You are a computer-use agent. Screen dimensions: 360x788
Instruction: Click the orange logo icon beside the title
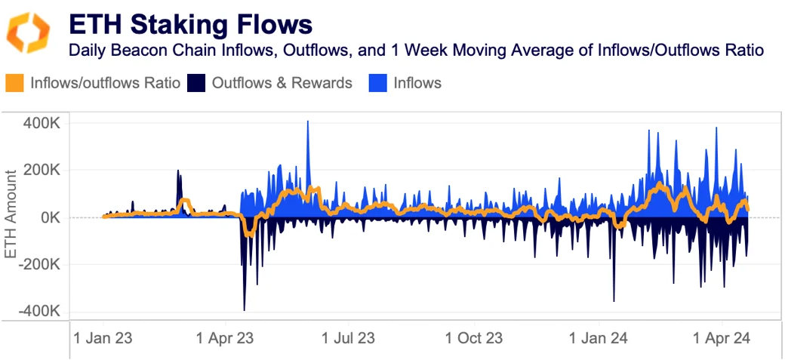click(28, 32)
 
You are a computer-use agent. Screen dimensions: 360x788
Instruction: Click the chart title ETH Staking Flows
click(189, 24)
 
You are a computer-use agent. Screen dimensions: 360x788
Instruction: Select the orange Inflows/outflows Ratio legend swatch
click(15, 83)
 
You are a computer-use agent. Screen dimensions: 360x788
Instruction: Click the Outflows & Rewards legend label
click(282, 83)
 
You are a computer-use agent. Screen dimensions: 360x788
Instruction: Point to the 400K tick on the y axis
click(44, 122)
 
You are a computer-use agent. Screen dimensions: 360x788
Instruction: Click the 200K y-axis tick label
click(44, 170)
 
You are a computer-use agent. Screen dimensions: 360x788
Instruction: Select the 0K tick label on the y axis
click(51, 217)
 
